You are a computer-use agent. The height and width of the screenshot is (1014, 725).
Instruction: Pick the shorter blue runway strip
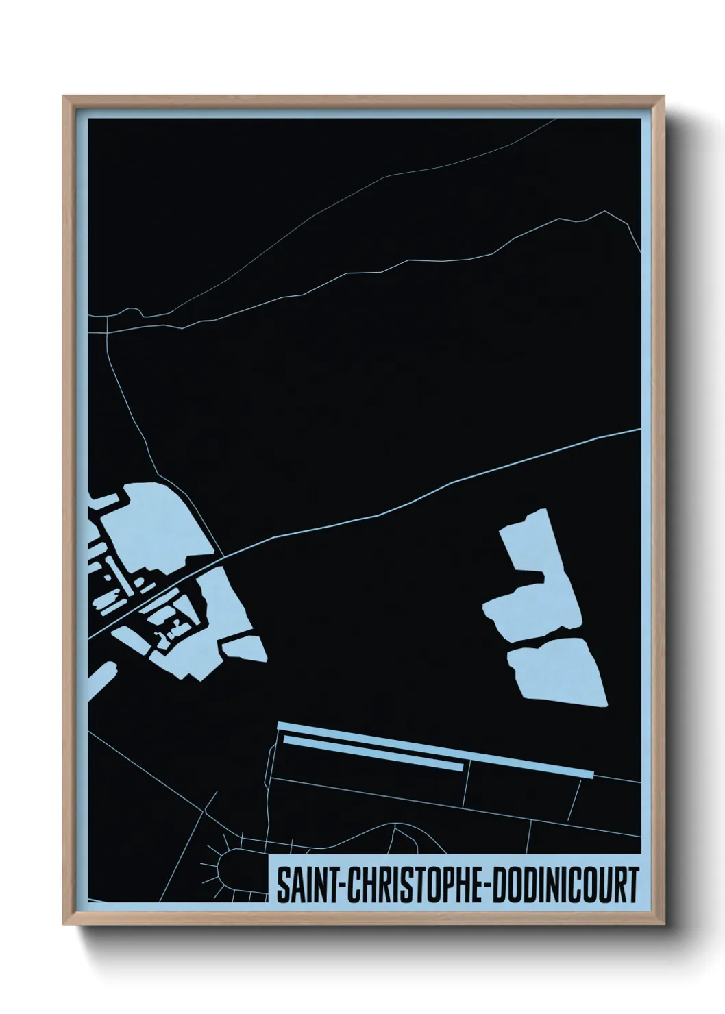tap(373, 754)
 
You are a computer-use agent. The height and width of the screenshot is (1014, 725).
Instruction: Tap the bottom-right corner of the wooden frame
tap(663, 924)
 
